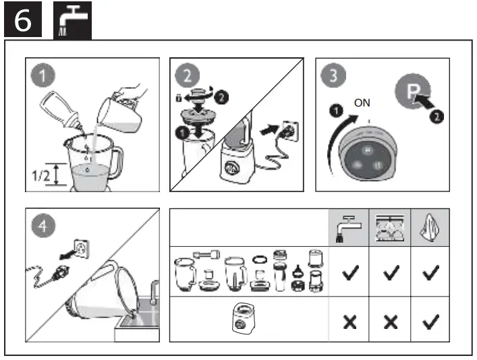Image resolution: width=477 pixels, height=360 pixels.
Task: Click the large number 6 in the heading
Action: click(x=22, y=20)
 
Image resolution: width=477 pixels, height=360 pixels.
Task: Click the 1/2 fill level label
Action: click(x=43, y=177)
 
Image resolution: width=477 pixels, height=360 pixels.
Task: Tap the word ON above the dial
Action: click(x=362, y=104)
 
